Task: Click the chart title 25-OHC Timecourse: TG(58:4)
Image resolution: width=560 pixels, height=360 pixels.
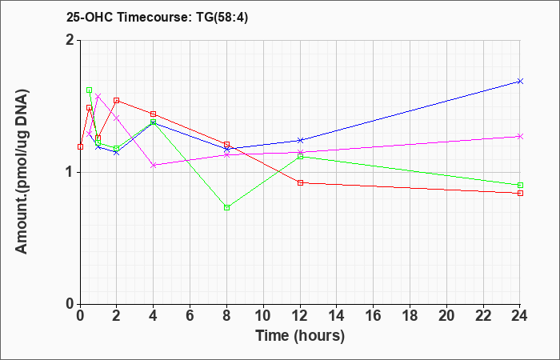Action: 157,17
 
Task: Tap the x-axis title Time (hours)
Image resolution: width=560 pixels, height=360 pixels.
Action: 300,336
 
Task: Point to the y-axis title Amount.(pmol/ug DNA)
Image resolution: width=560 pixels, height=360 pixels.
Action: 22,172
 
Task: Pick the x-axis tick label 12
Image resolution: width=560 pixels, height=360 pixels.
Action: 300,316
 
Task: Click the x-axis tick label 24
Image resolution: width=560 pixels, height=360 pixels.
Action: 520,316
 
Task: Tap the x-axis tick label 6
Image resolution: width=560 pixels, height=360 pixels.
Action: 190,316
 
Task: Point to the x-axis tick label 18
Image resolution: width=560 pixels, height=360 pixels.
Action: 410,316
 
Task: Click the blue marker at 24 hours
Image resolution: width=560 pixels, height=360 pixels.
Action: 520,82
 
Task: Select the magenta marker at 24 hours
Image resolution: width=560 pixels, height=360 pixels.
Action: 520,137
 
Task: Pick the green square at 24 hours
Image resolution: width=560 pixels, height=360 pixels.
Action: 520,185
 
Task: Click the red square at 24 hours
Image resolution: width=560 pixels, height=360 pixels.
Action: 520,194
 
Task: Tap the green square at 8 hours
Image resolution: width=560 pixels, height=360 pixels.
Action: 226,207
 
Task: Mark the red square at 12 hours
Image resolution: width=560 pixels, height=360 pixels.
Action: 300,182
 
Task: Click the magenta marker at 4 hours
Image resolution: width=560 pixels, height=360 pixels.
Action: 154,166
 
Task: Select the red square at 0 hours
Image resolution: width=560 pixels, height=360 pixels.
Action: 80,146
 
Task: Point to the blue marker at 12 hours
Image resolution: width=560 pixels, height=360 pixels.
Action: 300,140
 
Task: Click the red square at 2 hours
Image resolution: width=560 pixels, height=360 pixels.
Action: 117,100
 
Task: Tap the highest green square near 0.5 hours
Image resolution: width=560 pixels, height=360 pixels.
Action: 90,90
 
